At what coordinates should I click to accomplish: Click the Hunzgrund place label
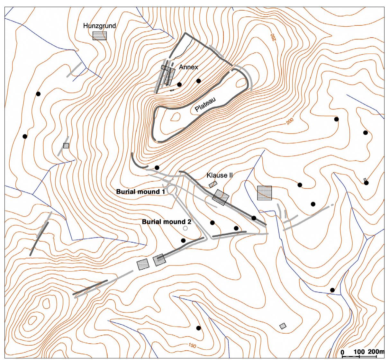click(99, 26)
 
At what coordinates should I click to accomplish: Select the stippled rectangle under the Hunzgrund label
click(100, 36)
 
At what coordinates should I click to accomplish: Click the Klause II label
click(220, 175)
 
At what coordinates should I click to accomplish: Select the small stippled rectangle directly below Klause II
click(213, 184)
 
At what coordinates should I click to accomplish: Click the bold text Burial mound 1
click(140, 192)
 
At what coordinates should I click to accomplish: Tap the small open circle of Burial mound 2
click(185, 228)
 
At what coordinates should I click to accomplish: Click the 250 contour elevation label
click(274, 37)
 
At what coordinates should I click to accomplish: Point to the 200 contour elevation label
click(291, 121)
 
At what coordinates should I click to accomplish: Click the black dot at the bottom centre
click(198, 328)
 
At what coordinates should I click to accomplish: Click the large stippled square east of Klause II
click(264, 193)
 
